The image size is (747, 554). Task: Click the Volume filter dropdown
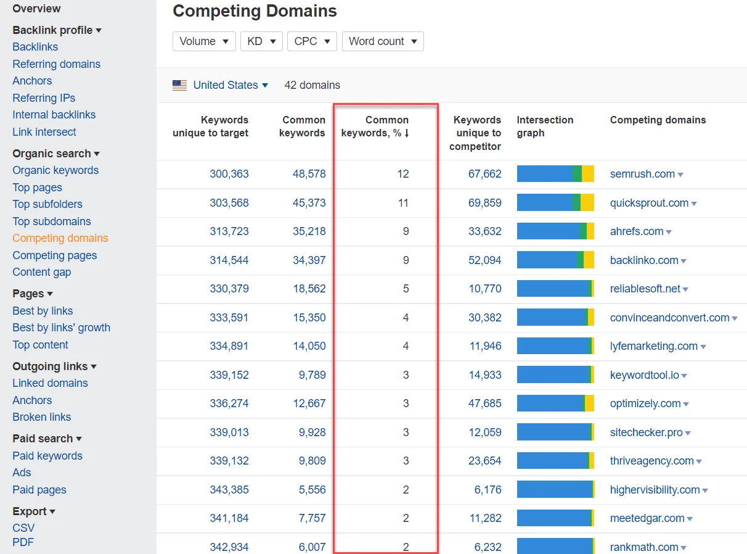pyautogui.click(x=204, y=41)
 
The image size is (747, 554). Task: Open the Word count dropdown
pyautogui.click(x=383, y=41)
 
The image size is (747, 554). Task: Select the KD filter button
pyautogui.click(x=261, y=41)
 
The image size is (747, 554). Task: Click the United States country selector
pyautogui.click(x=230, y=85)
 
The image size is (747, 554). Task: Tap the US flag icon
pyautogui.click(x=179, y=85)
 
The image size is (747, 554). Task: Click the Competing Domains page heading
pyautogui.click(x=255, y=11)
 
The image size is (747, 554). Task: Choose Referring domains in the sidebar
pyautogui.click(x=56, y=64)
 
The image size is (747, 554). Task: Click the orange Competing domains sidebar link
pyautogui.click(x=60, y=238)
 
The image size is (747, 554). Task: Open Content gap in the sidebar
pyautogui.click(x=41, y=272)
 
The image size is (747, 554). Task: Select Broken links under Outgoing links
pyautogui.click(x=41, y=417)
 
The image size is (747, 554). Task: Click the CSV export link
pyautogui.click(x=23, y=528)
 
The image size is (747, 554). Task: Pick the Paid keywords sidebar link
pyautogui.click(x=47, y=456)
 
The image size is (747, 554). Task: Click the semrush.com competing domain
pyautogui.click(x=642, y=174)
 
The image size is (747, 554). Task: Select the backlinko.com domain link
pyautogui.click(x=644, y=260)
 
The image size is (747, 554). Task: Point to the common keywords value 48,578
pyautogui.click(x=309, y=174)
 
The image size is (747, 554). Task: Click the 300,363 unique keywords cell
pyautogui.click(x=229, y=174)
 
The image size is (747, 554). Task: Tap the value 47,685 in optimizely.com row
pyautogui.click(x=485, y=403)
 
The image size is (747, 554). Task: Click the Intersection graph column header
pyautogui.click(x=545, y=126)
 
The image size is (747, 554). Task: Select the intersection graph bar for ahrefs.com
pyautogui.click(x=555, y=231)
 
